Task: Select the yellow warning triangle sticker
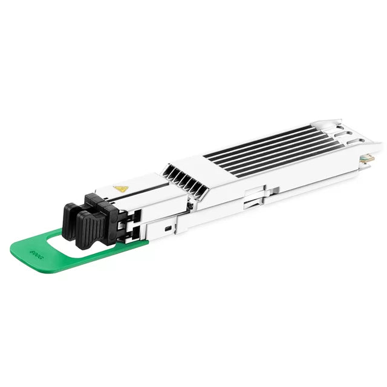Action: point(121,189)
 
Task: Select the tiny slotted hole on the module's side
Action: point(167,229)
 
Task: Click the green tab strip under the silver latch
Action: point(133,243)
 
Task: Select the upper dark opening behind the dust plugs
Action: point(134,215)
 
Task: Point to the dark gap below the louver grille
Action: point(190,206)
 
